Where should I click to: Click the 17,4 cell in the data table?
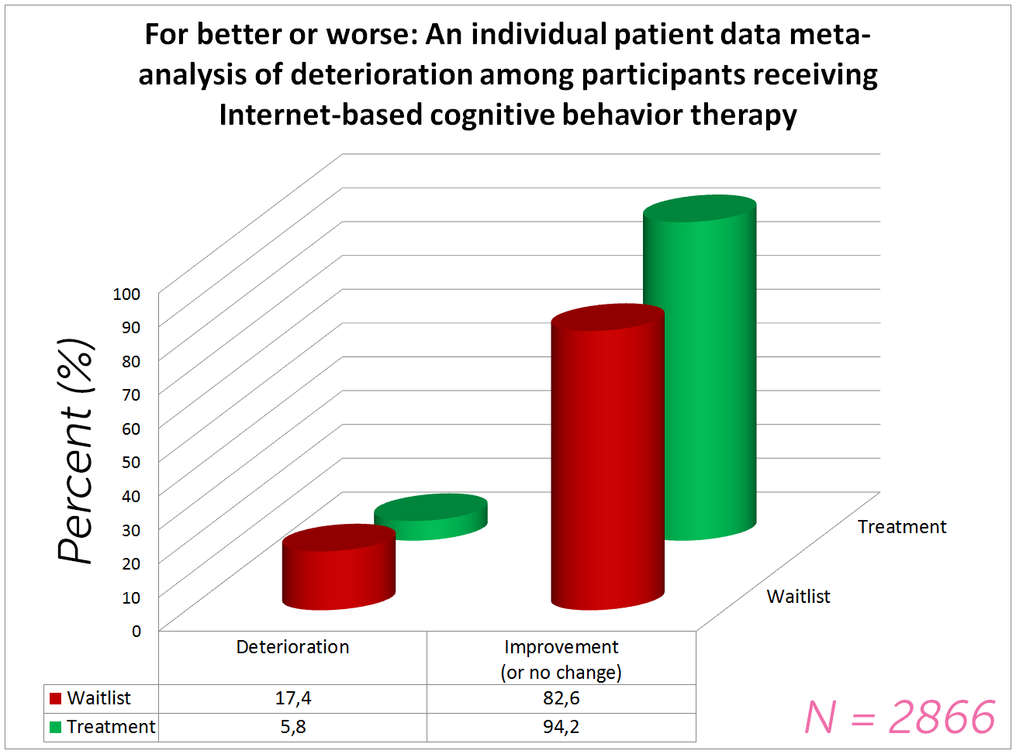pyautogui.click(x=293, y=698)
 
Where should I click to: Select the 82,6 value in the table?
pyautogui.click(x=562, y=698)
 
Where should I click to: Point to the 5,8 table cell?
pyautogui.click(x=293, y=727)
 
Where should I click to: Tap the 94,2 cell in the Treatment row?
pyautogui.click(x=562, y=727)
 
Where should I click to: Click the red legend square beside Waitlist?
pyautogui.click(x=55, y=698)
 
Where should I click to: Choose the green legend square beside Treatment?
pyautogui.click(x=55, y=727)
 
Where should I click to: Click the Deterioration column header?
pyautogui.click(x=292, y=647)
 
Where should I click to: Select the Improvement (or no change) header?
pyautogui.click(x=562, y=659)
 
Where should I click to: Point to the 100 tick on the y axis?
pyautogui.click(x=126, y=294)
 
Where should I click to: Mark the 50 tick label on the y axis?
pyautogui.click(x=130, y=462)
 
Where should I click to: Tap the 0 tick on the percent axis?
pyautogui.click(x=136, y=631)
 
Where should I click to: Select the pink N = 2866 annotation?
pyautogui.click(x=900, y=717)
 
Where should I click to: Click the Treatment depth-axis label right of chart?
pyautogui.click(x=902, y=527)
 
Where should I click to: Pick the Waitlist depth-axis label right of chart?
pyautogui.click(x=798, y=597)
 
